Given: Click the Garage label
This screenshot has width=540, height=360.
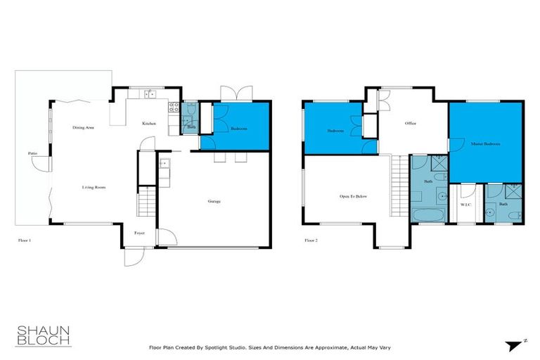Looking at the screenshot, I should pos(214,201).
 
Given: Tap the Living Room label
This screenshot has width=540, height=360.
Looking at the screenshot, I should pos(93,187).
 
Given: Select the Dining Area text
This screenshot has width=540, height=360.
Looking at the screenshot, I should pos(84,128).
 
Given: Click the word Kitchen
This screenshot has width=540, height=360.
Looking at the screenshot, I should pos(149,124).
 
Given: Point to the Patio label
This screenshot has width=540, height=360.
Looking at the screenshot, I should pos(32,153).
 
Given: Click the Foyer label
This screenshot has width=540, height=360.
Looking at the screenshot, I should pos(141,233).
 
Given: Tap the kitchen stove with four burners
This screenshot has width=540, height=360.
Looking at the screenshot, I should pos(172,108).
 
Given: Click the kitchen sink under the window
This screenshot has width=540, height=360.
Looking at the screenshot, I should pos(149,94).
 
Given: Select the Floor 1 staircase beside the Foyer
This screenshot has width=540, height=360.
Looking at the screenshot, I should pos(146,205).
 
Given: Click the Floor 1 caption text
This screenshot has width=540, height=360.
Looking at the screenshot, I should pos(25,240).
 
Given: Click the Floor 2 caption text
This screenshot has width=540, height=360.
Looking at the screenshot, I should pos(311,240).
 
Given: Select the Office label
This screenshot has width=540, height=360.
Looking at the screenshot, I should pos(410,124).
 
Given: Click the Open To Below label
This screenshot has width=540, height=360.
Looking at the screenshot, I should pos(353,196).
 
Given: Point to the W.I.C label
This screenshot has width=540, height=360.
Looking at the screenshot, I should pos(465,205).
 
